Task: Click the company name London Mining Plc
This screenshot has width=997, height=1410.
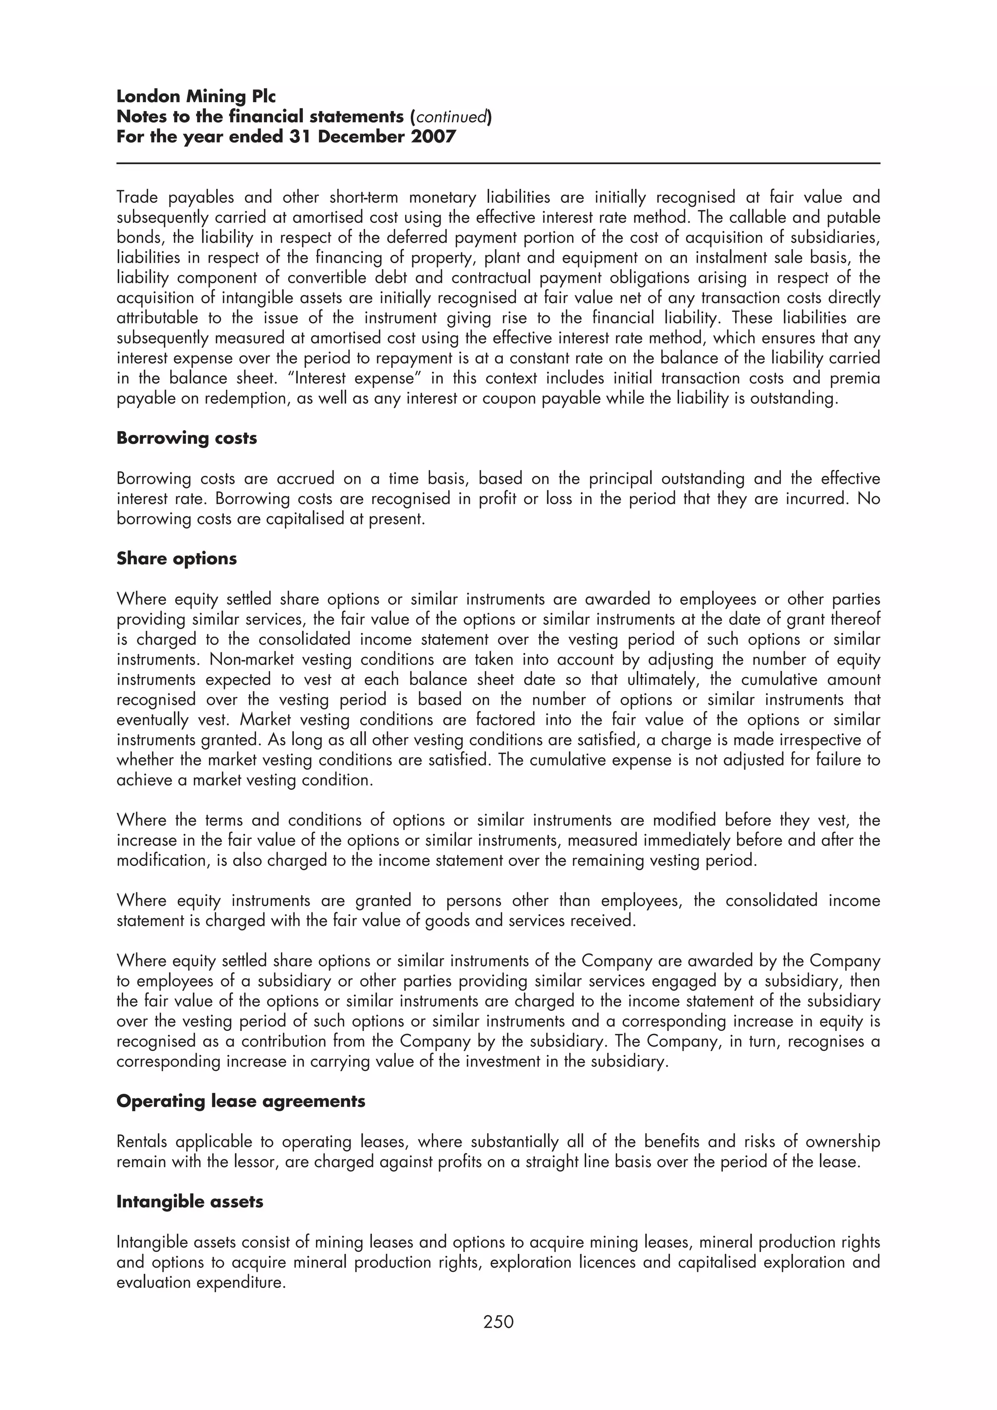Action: (x=196, y=96)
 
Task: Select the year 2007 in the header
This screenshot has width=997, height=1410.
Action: (x=434, y=136)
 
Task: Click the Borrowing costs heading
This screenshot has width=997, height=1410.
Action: (x=187, y=438)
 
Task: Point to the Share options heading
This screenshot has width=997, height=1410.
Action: (x=176, y=559)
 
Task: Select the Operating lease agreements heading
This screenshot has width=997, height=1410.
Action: (x=241, y=1101)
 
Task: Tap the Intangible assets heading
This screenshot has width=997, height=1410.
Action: (x=190, y=1202)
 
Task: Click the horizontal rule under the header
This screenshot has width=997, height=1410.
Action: (x=498, y=163)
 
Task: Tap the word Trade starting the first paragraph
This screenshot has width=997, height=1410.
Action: (x=136, y=198)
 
